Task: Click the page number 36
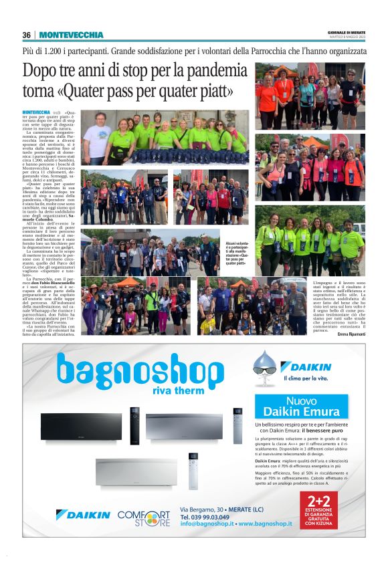coord(26,35)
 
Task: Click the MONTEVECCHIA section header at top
coord(72,35)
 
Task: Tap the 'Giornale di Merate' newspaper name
coord(346,32)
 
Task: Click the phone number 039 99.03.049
coord(206,517)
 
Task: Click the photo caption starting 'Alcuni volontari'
coord(239,255)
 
